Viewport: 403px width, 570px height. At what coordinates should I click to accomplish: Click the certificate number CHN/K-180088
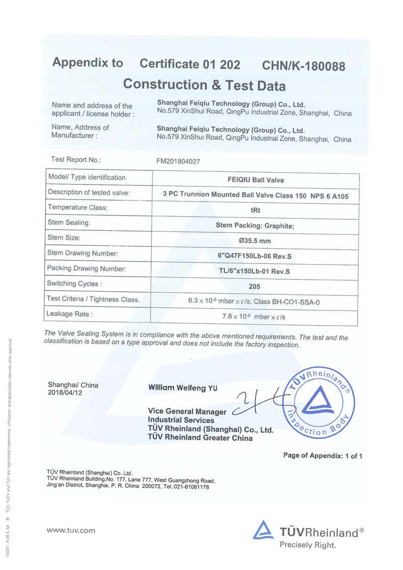coord(304,66)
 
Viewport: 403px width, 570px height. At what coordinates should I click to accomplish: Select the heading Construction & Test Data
coord(205,84)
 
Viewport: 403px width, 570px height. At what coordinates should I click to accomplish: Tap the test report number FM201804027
coord(182,161)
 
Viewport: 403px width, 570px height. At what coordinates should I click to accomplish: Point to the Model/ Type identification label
coord(87,177)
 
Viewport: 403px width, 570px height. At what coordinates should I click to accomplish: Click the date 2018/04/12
coord(64,392)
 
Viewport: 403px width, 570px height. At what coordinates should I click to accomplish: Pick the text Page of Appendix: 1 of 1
coord(323,456)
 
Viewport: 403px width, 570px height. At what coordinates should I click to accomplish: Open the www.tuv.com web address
coord(71,530)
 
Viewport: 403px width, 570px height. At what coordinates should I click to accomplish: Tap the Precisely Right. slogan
coord(308,545)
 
